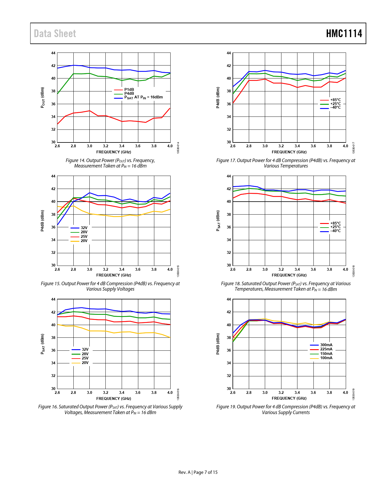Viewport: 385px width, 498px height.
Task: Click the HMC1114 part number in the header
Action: tap(344, 34)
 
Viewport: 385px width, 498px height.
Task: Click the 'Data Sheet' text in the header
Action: tap(55, 34)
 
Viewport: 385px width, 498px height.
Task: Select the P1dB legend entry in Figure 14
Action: tap(129, 90)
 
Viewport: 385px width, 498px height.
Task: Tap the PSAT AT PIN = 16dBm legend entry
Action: tap(143, 97)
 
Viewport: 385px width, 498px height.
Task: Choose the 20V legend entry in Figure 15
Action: tap(84, 241)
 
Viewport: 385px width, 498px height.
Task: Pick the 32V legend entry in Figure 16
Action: tap(85, 350)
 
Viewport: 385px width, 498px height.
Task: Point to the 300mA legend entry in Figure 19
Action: tap(326, 345)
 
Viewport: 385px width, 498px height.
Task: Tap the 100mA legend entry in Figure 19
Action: tap(326, 358)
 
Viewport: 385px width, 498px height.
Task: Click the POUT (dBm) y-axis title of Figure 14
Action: tap(43, 97)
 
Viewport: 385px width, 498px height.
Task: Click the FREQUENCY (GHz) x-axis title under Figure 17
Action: tap(289, 152)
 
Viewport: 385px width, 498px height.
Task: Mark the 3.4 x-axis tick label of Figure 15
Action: tap(122, 270)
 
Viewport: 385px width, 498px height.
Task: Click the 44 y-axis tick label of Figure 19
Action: tap(229, 299)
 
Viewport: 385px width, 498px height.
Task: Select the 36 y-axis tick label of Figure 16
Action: tap(53, 350)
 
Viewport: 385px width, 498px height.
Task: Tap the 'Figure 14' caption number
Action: tap(75, 161)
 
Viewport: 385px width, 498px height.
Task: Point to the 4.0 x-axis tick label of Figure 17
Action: tap(345, 146)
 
